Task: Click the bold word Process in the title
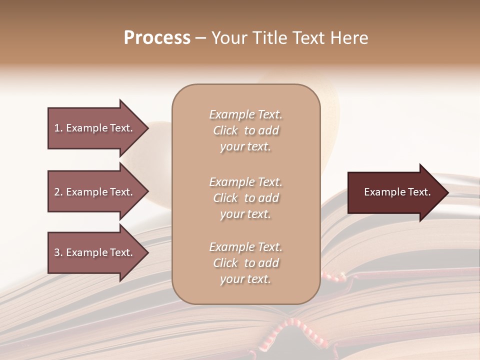click(x=157, y=38)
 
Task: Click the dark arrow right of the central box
click(x=395, y=192)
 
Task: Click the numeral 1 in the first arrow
click(x=57, y=128)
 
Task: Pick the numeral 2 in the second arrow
click(x=57, y=192)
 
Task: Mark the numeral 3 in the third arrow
click(x=57, y=252)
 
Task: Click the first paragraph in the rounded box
click(x=246, y=130)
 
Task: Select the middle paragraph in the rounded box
click(x=246, y=198)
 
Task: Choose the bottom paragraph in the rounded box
click(x=246, y=263)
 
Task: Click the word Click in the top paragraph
click(x=225, y=131)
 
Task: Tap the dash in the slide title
click(x=200, y=38)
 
